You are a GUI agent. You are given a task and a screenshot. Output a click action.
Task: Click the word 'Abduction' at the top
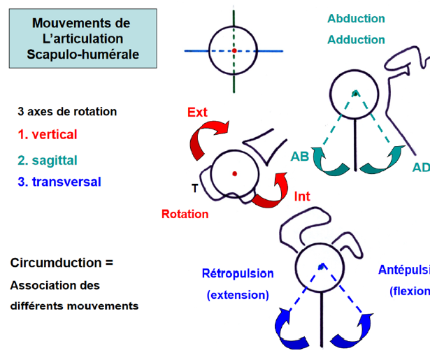(356, 19)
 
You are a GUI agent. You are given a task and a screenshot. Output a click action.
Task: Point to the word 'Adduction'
(356, 40)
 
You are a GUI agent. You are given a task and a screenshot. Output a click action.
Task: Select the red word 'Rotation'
(185, 214)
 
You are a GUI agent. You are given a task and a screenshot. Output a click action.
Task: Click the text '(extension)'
(238, 294)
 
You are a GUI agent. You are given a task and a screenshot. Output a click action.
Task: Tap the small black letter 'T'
(195, 188)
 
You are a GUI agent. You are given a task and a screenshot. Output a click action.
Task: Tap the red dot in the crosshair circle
(235, 50)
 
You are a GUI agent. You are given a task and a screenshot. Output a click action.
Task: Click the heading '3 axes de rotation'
(67, 111)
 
